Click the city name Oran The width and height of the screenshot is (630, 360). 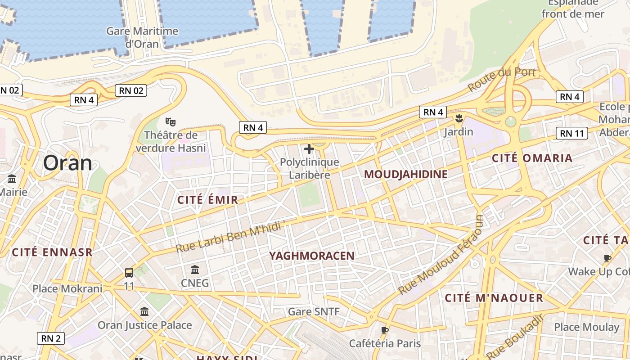[67, 163]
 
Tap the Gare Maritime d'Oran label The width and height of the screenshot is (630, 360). [142, 37]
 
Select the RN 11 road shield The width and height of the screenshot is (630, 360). [572, 133]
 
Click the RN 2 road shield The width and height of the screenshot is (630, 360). [51, 338]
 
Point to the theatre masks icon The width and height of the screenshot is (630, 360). [171, 121]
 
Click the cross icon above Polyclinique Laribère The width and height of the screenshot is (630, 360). [309, 149]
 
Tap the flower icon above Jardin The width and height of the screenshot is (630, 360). [459, 119]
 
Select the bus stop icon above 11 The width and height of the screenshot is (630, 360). [129, 272]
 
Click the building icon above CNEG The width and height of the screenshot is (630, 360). [195, 270]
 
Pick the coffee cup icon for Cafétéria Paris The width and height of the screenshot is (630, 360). [384, 330]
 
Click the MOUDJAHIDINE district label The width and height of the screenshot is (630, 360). [405, 175]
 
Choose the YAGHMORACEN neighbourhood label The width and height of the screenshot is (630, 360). [312, 256]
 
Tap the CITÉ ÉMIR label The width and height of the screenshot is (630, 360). [207, 200]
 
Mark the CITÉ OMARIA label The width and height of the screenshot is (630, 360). [532, 158]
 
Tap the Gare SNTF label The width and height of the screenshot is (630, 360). [314, 311]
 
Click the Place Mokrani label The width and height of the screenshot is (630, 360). [67, 288]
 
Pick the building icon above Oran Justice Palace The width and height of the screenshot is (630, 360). [144, 311]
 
